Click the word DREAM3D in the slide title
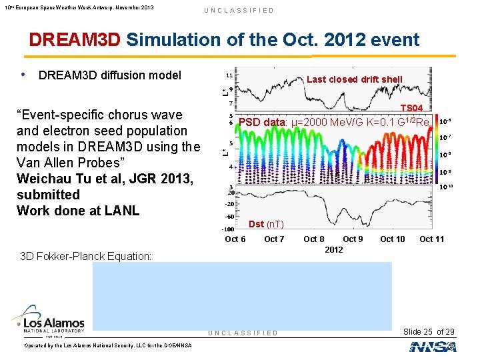(75, 40)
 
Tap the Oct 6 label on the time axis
(235, 239)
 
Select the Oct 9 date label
(353, 239)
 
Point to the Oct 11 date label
(431, 239)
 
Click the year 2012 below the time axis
(333, 249)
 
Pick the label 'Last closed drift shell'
(354, 79)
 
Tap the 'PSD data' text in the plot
(262, 122)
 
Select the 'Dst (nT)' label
(266, 224)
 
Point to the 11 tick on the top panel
(229, 75)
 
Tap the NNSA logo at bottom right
(433, 347)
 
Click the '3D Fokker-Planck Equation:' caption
(85, 256)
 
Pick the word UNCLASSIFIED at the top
(239, 11)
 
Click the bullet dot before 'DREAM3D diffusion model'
(24, 75)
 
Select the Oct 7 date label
(274, 239)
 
